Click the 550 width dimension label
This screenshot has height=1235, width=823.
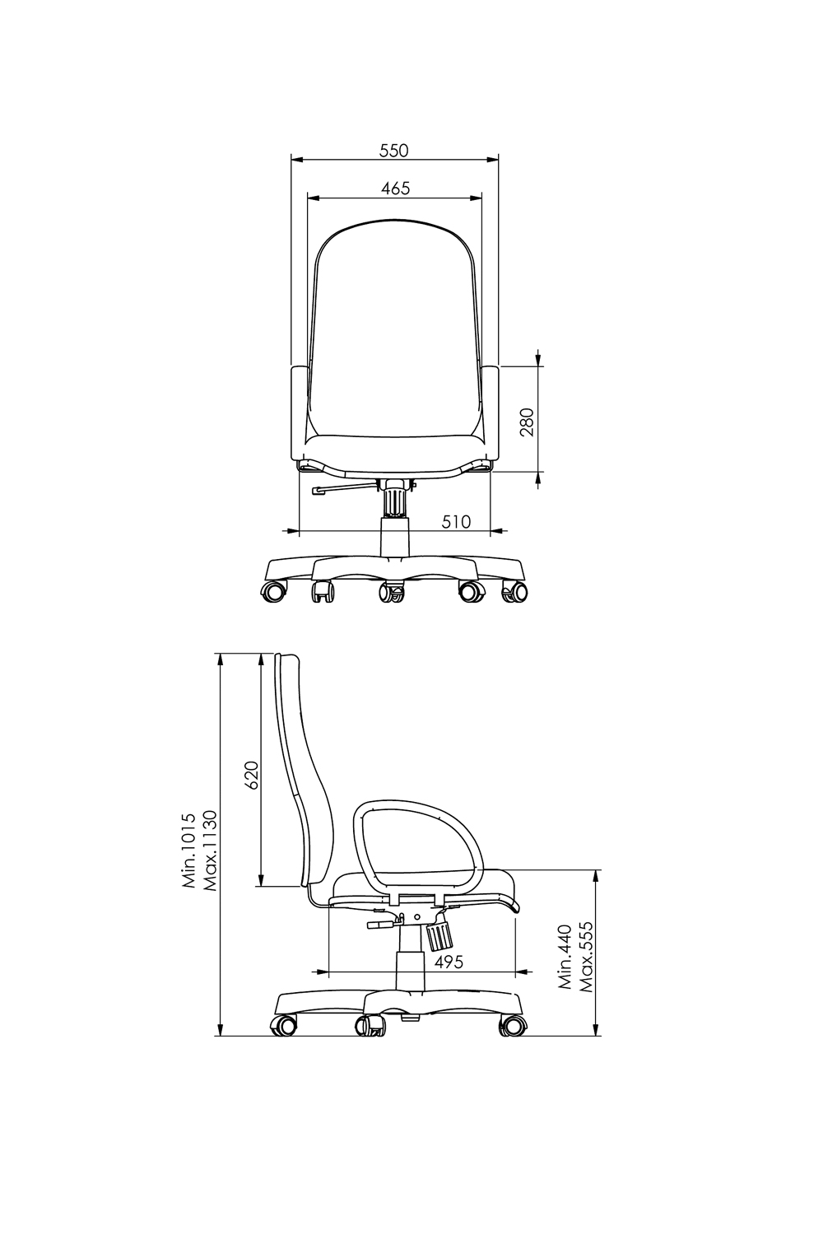[393, 151]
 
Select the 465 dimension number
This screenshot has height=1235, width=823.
[395, 189]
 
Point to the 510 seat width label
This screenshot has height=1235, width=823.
[456, 521]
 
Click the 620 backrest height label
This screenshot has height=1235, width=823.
[252, 775]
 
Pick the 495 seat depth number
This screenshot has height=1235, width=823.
[448, 961]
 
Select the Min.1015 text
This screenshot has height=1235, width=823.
[189, 852]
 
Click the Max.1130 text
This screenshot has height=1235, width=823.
[209, 852]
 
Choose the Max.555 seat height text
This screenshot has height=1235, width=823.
[586, 956]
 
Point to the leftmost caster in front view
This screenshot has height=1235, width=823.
[274, 590]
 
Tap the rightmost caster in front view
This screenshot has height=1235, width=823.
[515, 590]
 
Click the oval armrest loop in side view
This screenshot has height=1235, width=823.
[418, 848]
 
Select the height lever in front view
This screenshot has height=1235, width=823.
[342, 491]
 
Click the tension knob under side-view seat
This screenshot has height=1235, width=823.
[440, 934]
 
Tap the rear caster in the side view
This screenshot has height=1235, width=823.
[283, 1025]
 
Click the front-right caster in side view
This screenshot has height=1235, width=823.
[513, 1025]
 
